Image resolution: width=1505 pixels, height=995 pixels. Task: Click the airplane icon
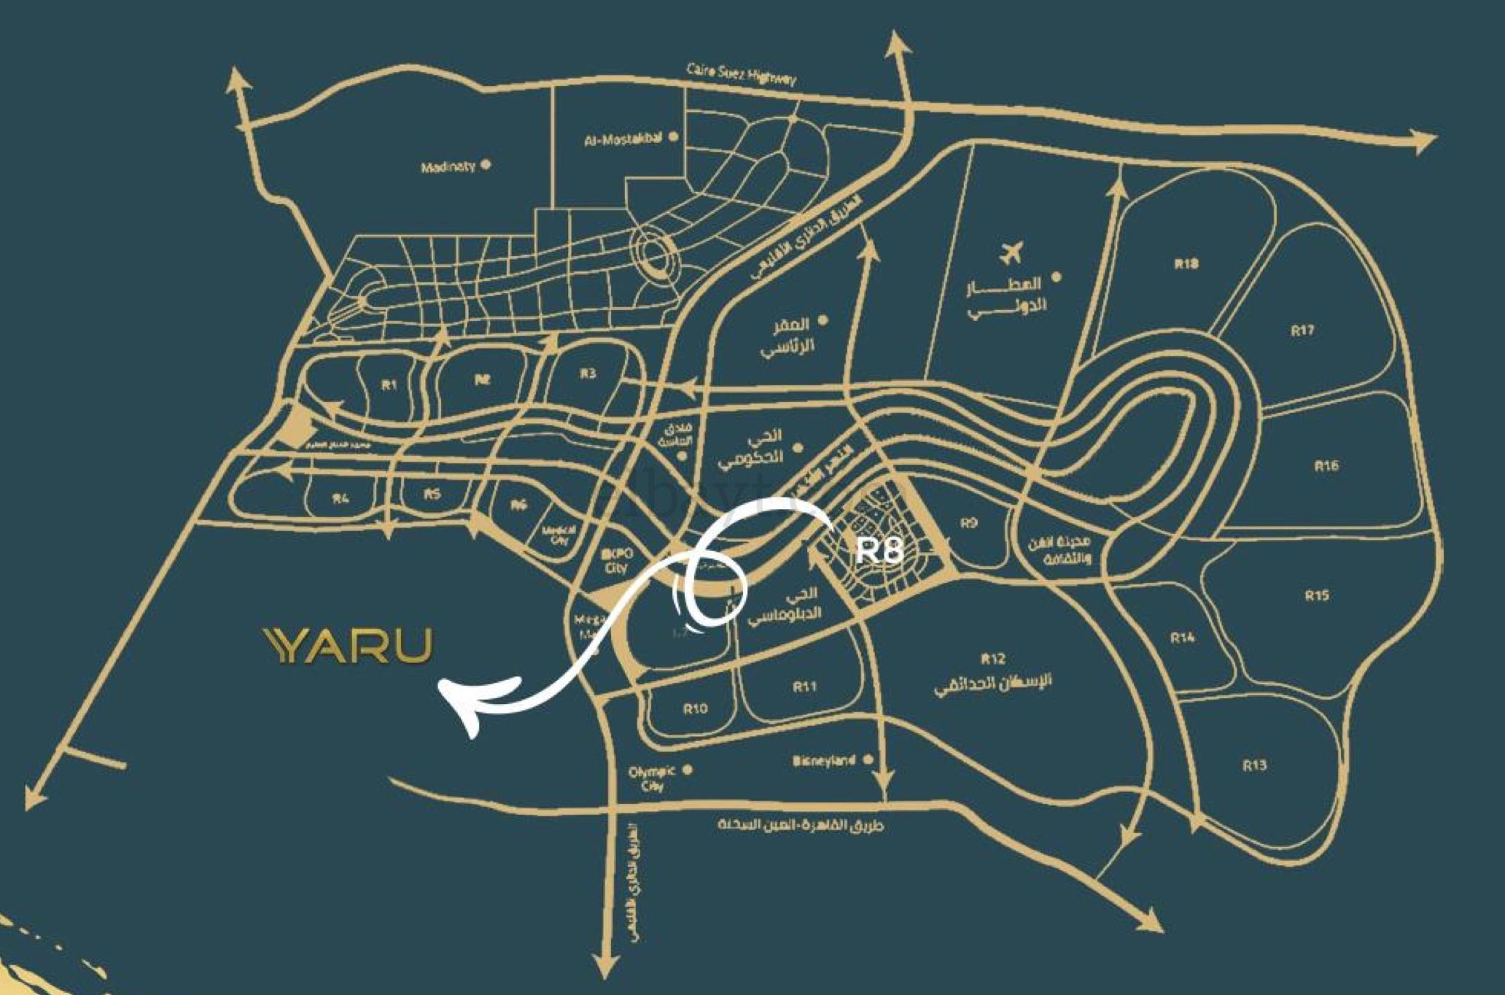tap(1011, 253)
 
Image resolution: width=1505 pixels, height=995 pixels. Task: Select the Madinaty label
tap(448, 167)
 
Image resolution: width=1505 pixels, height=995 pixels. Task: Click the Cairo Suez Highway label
tap(741, 74)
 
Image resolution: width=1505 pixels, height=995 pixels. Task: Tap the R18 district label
tap(1186, 264)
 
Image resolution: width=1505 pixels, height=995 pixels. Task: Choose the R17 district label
tap(1302, 330)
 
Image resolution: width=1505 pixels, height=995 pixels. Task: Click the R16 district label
tap(1326, 466)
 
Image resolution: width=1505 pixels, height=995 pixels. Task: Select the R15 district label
tap(1316, 596)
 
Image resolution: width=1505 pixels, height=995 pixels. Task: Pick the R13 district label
tap(1254, 765)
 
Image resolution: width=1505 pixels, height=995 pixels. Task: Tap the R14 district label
tap(1182, 638)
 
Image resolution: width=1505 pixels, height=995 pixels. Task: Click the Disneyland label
tap(824, 761)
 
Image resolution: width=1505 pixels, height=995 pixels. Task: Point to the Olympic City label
tap(652, 778)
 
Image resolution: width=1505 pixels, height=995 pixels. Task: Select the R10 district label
tap(695, 708)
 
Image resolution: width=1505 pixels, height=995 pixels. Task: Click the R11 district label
tap(805, 686)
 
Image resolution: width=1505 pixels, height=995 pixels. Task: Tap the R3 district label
tap(588, 374)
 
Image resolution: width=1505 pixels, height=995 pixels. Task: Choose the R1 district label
tap(389, 384)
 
